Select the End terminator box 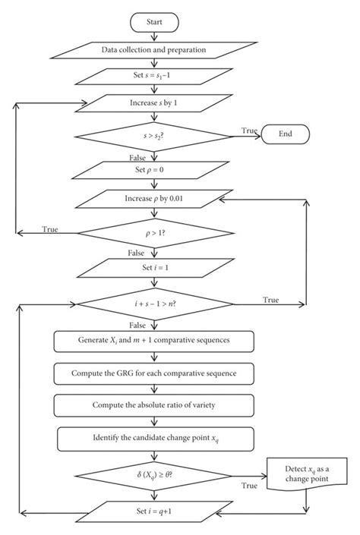[x=285, y=135]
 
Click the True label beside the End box [x=248, y=130]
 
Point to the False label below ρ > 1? [x=137, y=253]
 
